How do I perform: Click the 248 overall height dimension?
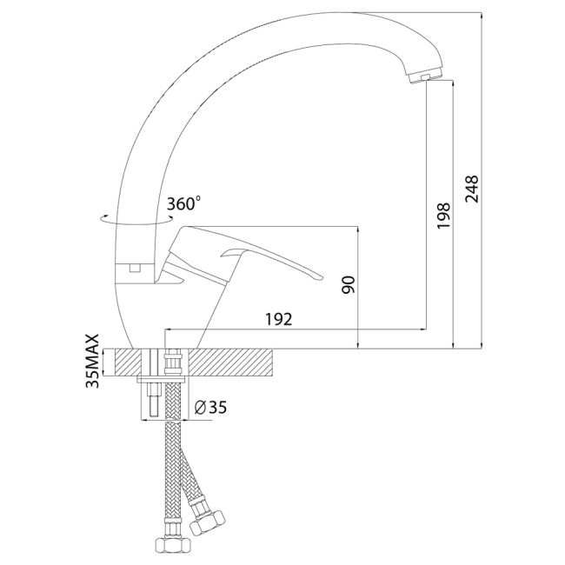pos(472,189)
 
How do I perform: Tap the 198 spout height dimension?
pos(443,216)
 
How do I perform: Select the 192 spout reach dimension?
pos(278,319)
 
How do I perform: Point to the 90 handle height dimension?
pos(349,285)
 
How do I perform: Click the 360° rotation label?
pos(183,203)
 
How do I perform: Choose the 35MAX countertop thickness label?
pos(92,361)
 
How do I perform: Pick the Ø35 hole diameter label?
pos(210,407)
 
